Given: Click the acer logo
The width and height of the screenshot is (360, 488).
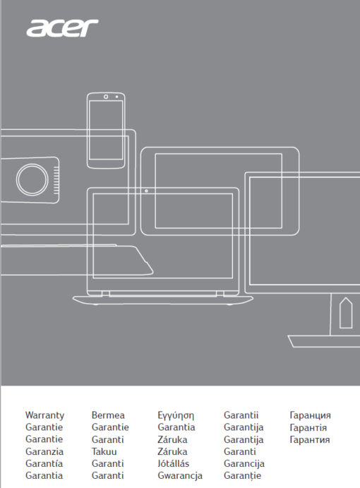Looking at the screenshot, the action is tap(62, 28).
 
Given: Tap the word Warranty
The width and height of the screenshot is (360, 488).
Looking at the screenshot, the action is tap(44, 415).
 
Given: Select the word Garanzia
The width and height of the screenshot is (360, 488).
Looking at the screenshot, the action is tap(44, 451).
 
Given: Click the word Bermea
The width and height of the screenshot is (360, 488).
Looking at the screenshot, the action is tap(108, 415).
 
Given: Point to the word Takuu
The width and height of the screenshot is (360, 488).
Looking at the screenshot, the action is tap(104, 451).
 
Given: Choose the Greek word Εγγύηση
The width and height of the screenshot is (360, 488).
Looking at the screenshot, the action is tap(176, 415).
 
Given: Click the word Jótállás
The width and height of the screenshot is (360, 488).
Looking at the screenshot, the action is tap(174, 463).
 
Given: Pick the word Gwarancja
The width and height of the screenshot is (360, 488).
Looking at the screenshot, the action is tap(180, 475).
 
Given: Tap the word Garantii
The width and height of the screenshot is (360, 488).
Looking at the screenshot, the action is tap(241, 415).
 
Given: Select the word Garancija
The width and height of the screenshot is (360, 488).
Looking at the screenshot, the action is tap(244, 464).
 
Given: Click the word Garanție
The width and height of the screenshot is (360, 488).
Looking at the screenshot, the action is tap(242, 476).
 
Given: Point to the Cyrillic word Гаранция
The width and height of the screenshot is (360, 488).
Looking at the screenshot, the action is tap(310, 415).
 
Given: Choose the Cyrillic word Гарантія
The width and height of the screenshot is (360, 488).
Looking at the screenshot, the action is tap(308, 428).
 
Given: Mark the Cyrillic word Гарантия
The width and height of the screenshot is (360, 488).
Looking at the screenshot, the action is tap(310, 440).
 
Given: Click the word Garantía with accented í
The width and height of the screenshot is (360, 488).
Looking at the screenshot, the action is tap(44, 463).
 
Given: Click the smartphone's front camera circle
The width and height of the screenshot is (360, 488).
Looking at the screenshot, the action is tap(106, 97).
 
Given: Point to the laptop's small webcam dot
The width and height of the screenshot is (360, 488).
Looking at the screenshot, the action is tap(146, 191).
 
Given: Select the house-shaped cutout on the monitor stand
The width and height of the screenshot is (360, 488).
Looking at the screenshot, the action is tap(345, 313).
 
